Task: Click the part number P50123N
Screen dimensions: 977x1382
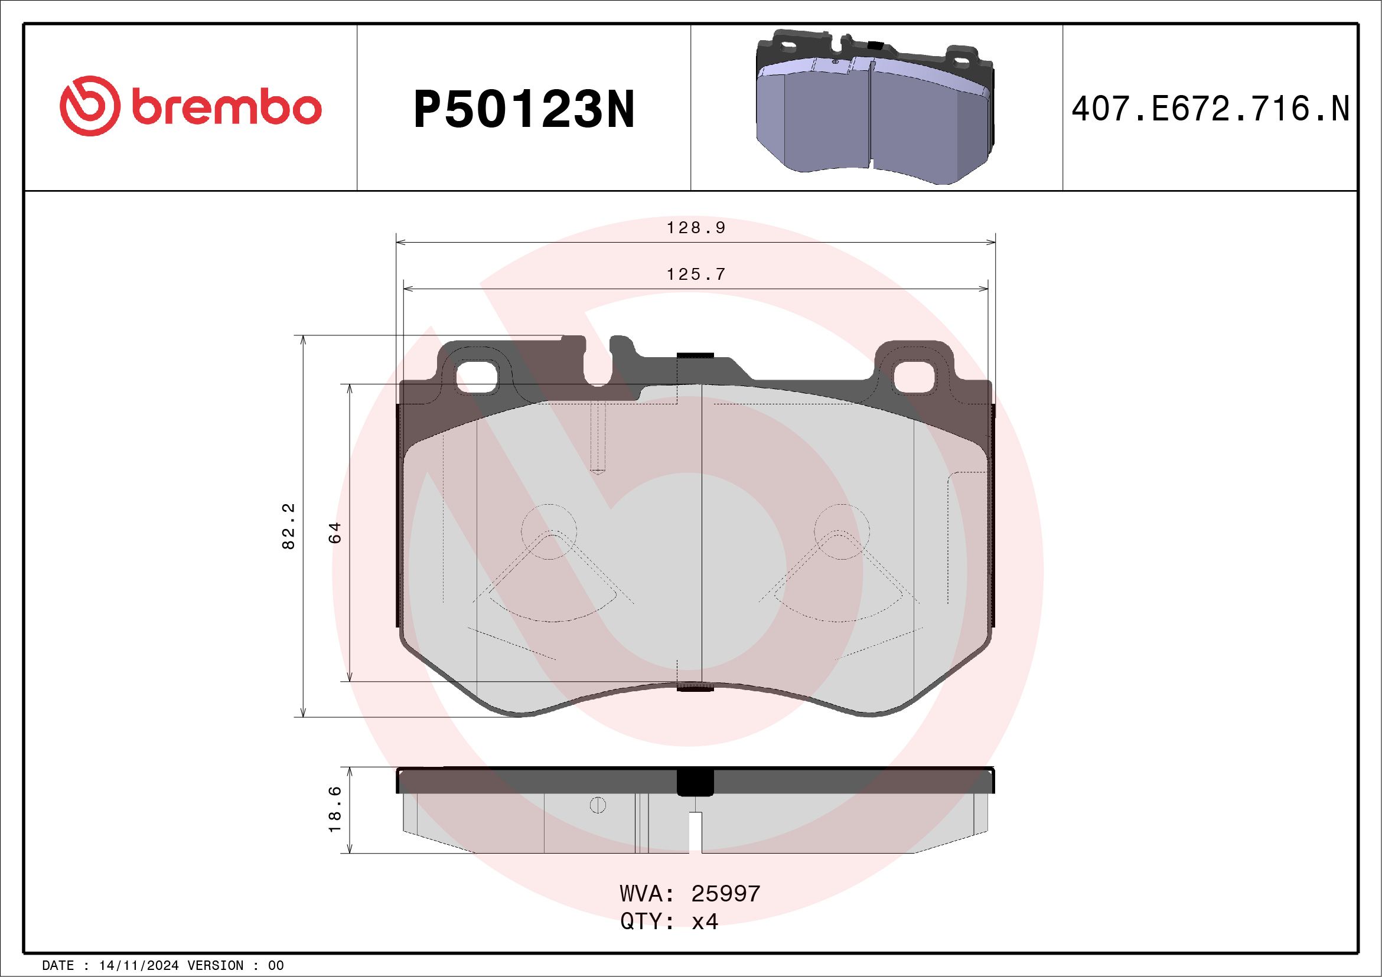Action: [x=524, y=109]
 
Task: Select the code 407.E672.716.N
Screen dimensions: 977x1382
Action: [x=1210, y=109]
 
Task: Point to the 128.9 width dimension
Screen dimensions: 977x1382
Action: [x=696, y=228]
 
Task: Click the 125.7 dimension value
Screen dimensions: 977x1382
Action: [x=696, y=275]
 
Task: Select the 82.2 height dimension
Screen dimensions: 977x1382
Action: [x=289, y=527]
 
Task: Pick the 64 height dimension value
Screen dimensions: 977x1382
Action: [x=335, y=533]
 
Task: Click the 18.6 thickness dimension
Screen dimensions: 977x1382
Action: [x=335, y=809]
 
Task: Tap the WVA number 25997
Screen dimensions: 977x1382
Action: [x=725, y=893]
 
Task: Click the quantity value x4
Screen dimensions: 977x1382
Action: [x=704, y=921]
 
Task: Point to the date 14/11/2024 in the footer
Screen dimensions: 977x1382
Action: [x=139, y=965]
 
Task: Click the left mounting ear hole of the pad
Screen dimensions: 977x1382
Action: [x=477, y=377]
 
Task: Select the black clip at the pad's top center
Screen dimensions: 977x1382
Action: [x=695, y=357]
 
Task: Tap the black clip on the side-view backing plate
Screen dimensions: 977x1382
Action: [x=695, y=783]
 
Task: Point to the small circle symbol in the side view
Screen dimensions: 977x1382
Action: [x=598, y=805]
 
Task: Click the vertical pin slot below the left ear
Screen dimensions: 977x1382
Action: [x=598, y=437]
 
